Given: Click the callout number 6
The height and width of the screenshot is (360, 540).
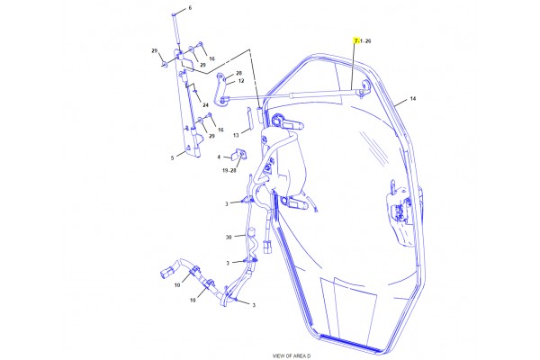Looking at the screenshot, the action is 190,8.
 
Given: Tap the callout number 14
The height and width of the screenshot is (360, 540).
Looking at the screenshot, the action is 413,99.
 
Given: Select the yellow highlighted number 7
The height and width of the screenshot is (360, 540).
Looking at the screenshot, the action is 356,41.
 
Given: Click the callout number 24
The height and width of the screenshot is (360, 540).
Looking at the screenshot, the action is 205,105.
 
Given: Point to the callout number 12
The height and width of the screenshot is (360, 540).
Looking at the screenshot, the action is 241,81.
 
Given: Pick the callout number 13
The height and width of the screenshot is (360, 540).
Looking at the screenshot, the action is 236,135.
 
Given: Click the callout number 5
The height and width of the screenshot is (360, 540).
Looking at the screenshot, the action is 172,158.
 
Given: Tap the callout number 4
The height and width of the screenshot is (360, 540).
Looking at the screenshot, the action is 219,157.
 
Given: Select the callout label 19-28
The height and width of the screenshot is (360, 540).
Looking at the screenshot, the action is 229,170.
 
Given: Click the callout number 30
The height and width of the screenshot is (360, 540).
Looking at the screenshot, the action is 229,237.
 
